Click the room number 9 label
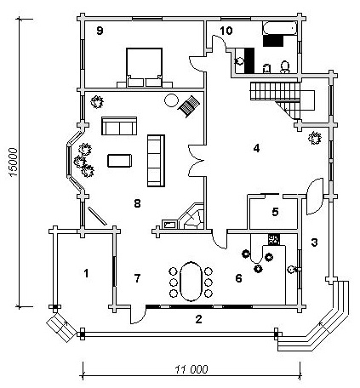tap(100, 31)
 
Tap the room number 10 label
tap(226, 31)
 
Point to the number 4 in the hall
tap(256, 148)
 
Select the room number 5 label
tap(275, 212)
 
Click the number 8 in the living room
tap(137, 203)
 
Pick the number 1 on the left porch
tap(86, 273)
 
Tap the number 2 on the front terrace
tap(198, 319)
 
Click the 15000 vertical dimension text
tap(14, 163)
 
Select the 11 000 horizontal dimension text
tap(191, 369)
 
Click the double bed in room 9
tap(145, 68)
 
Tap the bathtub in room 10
tap(280, 28)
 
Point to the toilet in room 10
tap(285, 67)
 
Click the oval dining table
tap(191, 282)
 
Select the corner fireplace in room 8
tap(191, 217)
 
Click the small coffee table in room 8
tap(119, 161)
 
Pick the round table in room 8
tap(171, 100)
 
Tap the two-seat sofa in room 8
tap(119, 126)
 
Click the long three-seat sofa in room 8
tap(156, 161)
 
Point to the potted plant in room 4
tap(315, 138)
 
